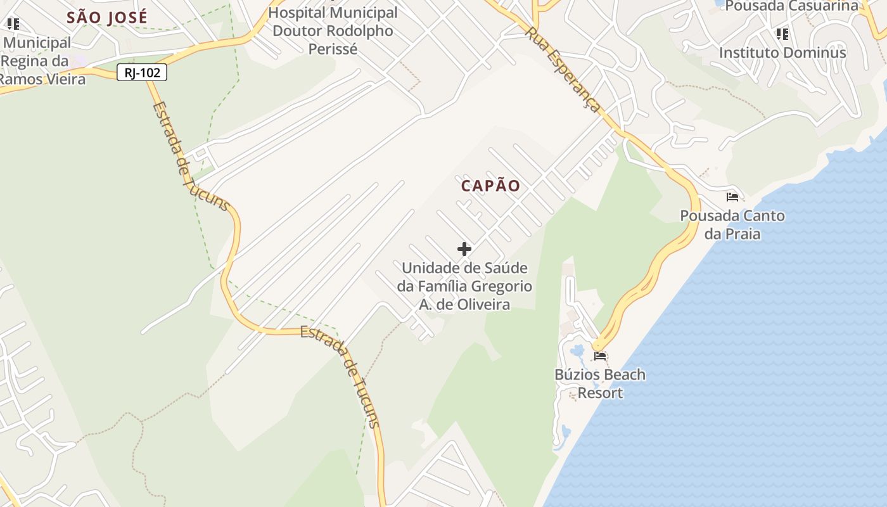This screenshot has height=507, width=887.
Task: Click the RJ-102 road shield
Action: (142, 73)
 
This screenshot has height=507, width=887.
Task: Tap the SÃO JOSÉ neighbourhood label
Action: (107, 17)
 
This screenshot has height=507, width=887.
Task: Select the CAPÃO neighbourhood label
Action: (491, 186)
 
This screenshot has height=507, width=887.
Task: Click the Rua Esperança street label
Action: (564, 70)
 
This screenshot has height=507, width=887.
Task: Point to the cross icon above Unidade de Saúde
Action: (464, 249)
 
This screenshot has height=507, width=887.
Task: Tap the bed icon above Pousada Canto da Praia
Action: (732, 197)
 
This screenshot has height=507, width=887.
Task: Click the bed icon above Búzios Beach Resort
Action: (600, 356)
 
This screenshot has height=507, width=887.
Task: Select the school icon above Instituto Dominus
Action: (782, 34)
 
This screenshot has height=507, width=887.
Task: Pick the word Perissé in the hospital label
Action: (333, 49)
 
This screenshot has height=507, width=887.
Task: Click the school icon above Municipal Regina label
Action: (13, 24)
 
